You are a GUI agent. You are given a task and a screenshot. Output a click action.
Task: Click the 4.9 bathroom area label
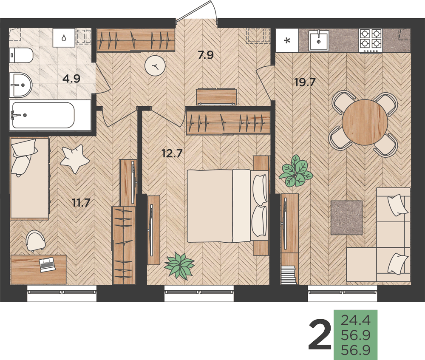(x=71, y=79)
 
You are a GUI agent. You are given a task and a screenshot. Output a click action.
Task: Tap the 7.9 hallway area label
(x=206, y=55)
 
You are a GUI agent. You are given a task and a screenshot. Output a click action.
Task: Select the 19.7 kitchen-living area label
(x=305, y=82)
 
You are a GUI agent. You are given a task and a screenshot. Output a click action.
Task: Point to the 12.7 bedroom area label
(x=172, y=154)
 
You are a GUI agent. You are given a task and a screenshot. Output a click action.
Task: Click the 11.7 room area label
(x=81, y=202)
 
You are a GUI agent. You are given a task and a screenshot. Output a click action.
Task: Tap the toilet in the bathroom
(x=21, y=56)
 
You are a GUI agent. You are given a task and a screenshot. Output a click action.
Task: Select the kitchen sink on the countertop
(x=319, y=40)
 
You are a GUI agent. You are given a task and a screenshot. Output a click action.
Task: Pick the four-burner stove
(x=371, y=40)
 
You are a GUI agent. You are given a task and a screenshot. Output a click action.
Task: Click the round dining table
(x=365, y=122)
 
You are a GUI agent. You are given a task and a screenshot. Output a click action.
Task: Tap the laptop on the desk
(x=47, y=264)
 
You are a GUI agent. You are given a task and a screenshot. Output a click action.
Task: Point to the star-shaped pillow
(x=74, y=158)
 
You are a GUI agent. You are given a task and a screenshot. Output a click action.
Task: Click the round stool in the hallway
(x=155, y=66)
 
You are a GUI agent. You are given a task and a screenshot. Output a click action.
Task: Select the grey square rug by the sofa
(x=347, y=218)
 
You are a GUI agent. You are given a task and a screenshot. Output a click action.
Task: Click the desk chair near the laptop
(x=35, y=241)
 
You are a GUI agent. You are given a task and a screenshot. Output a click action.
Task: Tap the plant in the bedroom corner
(x=179, y=265)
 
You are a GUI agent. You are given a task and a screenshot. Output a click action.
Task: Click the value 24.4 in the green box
(x=356, y=320)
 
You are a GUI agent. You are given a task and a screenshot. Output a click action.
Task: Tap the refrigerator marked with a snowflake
(x=287, y=41)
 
